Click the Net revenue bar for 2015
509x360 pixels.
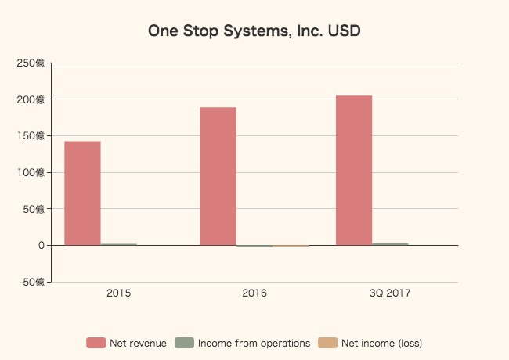[x=82, y=193]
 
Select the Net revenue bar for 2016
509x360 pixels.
[x=218, y=176]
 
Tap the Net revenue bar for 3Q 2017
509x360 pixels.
[x=354, y=171]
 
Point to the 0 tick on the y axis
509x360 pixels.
[x=40, y=246]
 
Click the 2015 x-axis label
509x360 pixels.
[x=118, y=293]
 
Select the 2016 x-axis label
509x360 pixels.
[x=254, y=293]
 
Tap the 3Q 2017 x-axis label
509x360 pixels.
[x=390, y=293]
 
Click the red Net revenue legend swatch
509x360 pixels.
[x=96, y=343]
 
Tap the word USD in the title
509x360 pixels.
[x=345, y=31]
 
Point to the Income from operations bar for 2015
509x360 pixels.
[x=118, y=244]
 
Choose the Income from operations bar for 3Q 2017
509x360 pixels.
[x=390, y=244]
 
